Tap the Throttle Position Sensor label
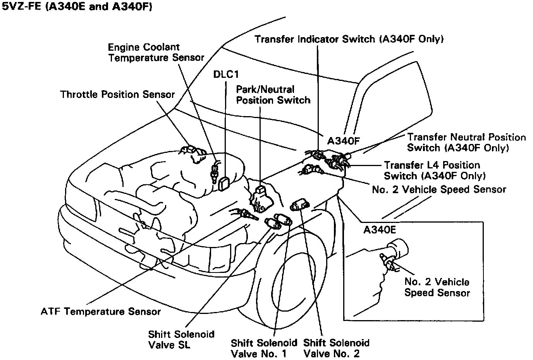pos(117,94)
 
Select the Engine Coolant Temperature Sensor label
pos(156,53)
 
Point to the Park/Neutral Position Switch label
pos(273,95)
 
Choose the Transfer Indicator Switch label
pos(349,39)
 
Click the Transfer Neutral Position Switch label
pos(466,142)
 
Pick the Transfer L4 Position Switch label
pos(435,170)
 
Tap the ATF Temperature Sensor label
pos(101,311)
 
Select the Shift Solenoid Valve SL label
pos(181,339)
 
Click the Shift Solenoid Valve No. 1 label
pos(264,348)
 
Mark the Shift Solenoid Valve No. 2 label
pos(336,348)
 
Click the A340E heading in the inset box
pos(379,230)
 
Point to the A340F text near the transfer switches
pos(344,140)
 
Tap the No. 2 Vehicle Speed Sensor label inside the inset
pos(437,287)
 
